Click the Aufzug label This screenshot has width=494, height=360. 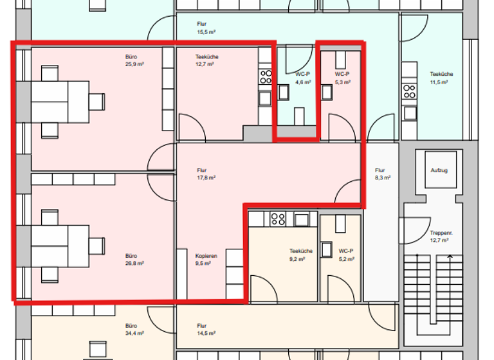click(439, 170)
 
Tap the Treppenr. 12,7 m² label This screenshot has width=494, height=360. click(439, 237)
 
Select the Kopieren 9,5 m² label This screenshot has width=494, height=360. click(206, 259)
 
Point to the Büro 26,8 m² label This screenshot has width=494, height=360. click(134, 259)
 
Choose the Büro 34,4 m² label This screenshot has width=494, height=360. click(134, 330)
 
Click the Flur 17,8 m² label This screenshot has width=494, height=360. click(206, 174)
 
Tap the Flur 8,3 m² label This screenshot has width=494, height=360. click(383, 174)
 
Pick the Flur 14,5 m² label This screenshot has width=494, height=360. click(206, 330)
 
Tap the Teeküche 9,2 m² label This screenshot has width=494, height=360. click(301, 254)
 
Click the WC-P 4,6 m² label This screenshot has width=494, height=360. click(303, 78)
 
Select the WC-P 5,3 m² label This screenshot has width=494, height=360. click(343, 78)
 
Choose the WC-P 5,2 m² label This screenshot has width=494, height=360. click(347, 254)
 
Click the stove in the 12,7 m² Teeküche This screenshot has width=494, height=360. click(265, 77)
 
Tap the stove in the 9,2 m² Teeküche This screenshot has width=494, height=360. click(278, 219)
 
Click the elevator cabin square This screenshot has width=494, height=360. click(439, 170)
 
